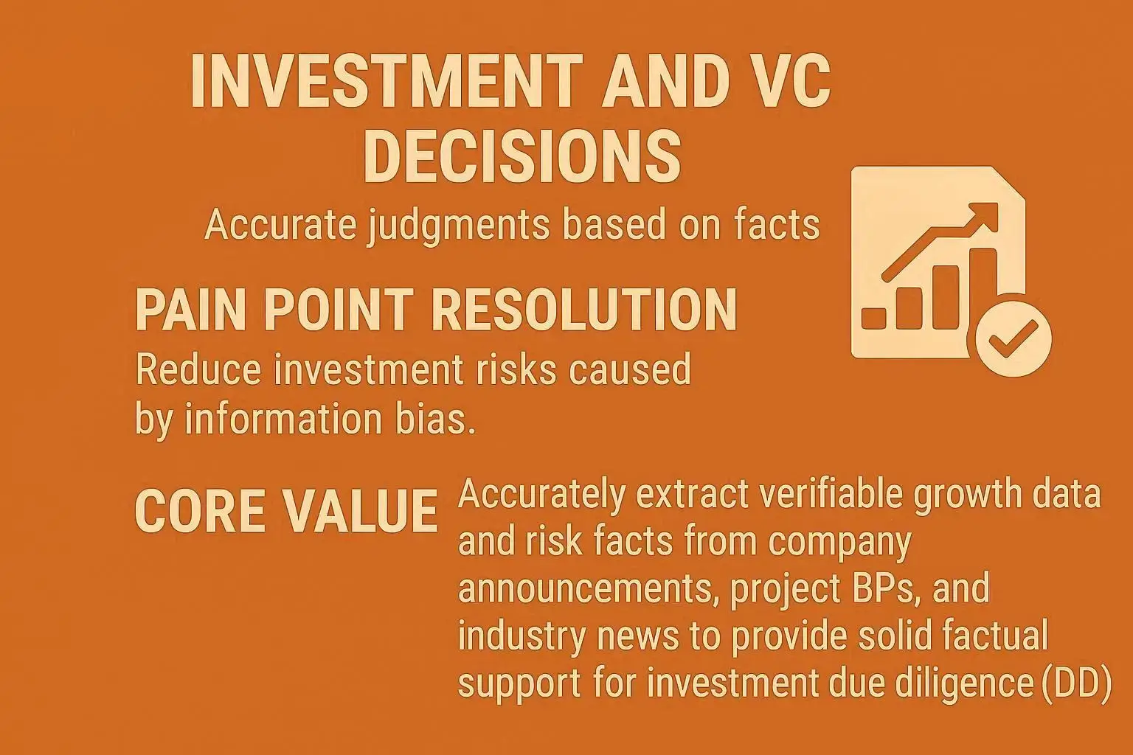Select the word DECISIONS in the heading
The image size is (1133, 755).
point(522,156)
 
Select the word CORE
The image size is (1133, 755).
point(201,511)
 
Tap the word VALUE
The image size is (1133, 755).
point(360,511)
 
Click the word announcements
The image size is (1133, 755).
point(589,588)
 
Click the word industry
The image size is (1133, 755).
point(522,637)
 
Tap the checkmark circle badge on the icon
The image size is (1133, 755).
point(1013,340)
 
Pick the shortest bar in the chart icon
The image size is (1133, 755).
point(873,319)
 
